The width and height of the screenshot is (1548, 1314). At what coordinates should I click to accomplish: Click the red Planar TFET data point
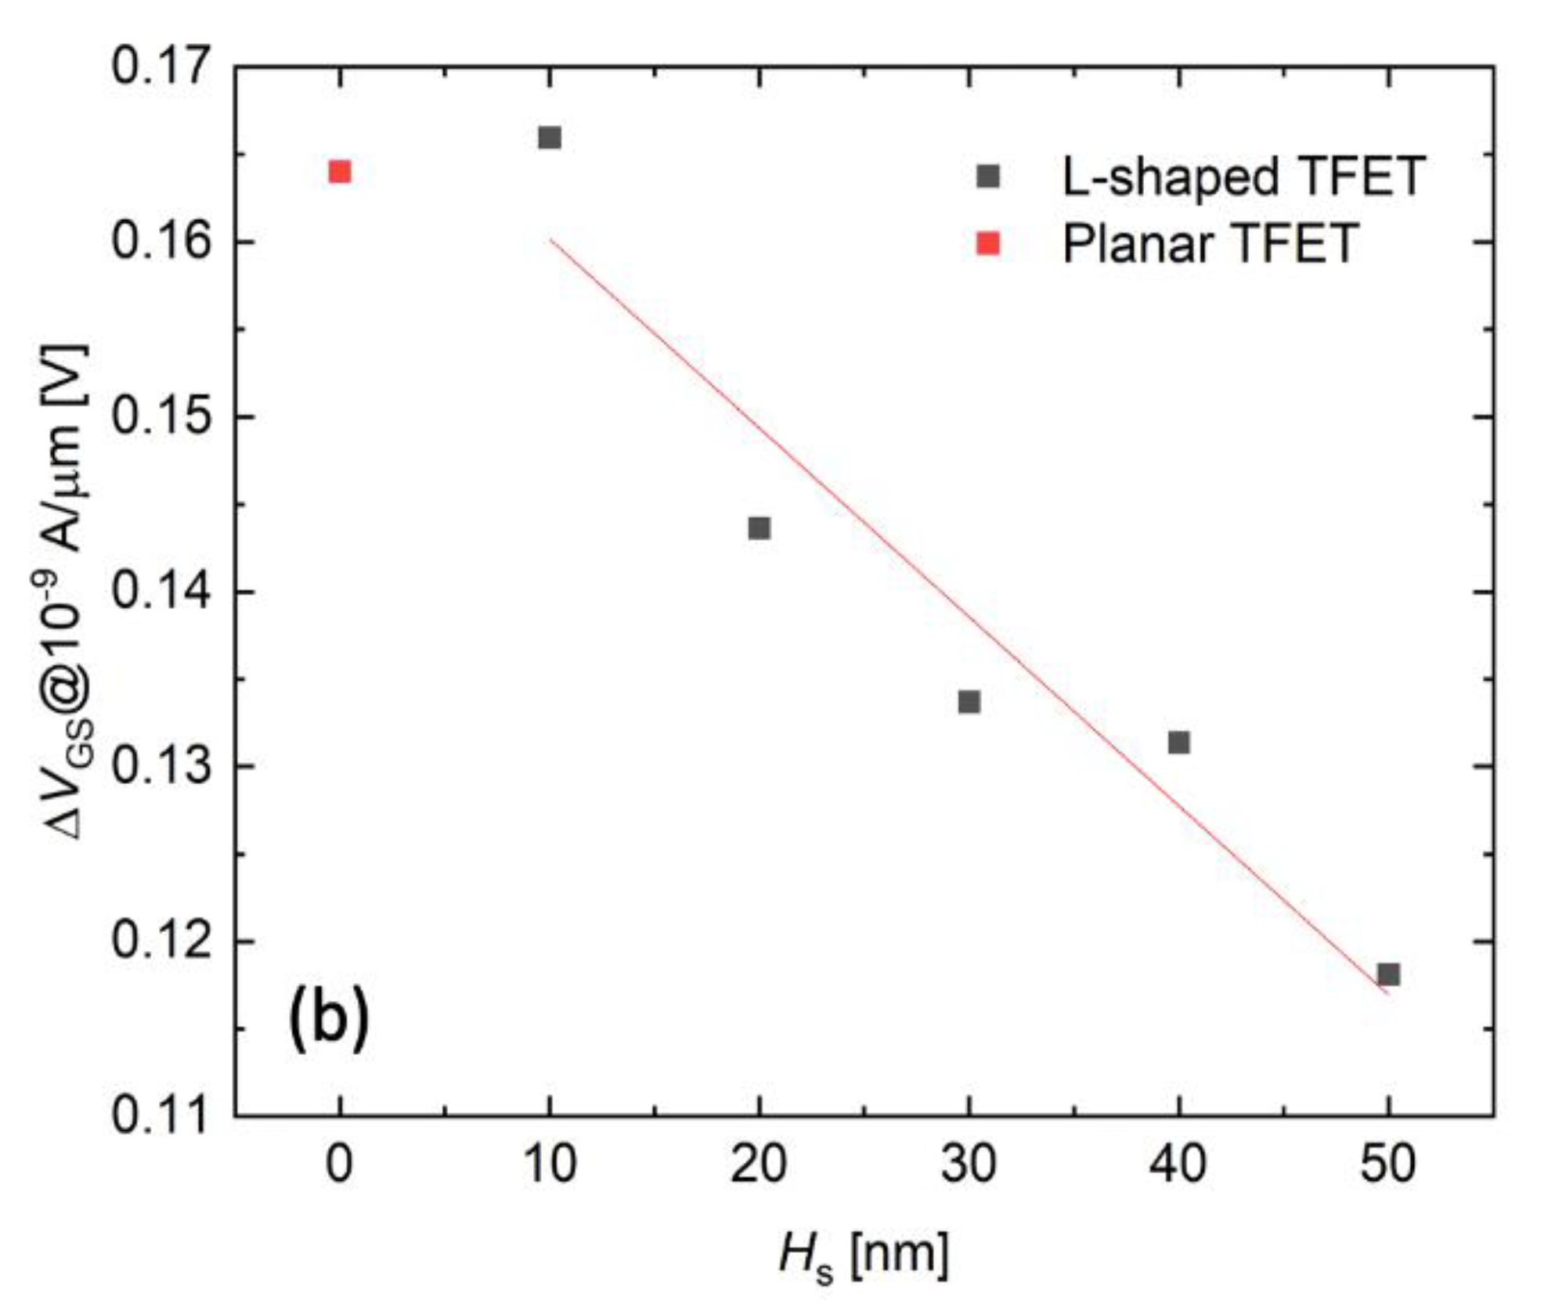coord(339,171)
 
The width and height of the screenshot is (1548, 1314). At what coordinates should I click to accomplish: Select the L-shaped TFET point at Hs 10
coord(550,138)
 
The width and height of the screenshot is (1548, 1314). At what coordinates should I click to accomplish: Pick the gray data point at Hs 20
coord(759,528)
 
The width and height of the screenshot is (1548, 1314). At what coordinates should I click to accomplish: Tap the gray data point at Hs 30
coord(969,702)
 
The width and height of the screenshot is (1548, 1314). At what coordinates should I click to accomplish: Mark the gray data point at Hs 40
coord(1179,742)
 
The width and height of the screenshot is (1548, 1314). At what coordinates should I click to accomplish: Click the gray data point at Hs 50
coord(1388,974)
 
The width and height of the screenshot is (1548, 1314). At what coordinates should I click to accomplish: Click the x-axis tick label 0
coord(339,1164)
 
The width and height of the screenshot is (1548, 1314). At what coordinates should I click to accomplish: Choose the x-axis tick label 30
coord(969,1164)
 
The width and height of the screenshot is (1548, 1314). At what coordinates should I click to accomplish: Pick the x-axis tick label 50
coord(1388,1164)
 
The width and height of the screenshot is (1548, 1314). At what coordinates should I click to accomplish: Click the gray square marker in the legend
coord(989,177)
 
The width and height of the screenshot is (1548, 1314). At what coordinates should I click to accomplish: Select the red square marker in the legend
coord(989,244)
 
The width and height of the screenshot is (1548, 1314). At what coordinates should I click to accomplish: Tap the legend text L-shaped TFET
coord(1243,177)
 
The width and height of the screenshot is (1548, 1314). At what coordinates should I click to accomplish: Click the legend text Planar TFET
coord(1210,243)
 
